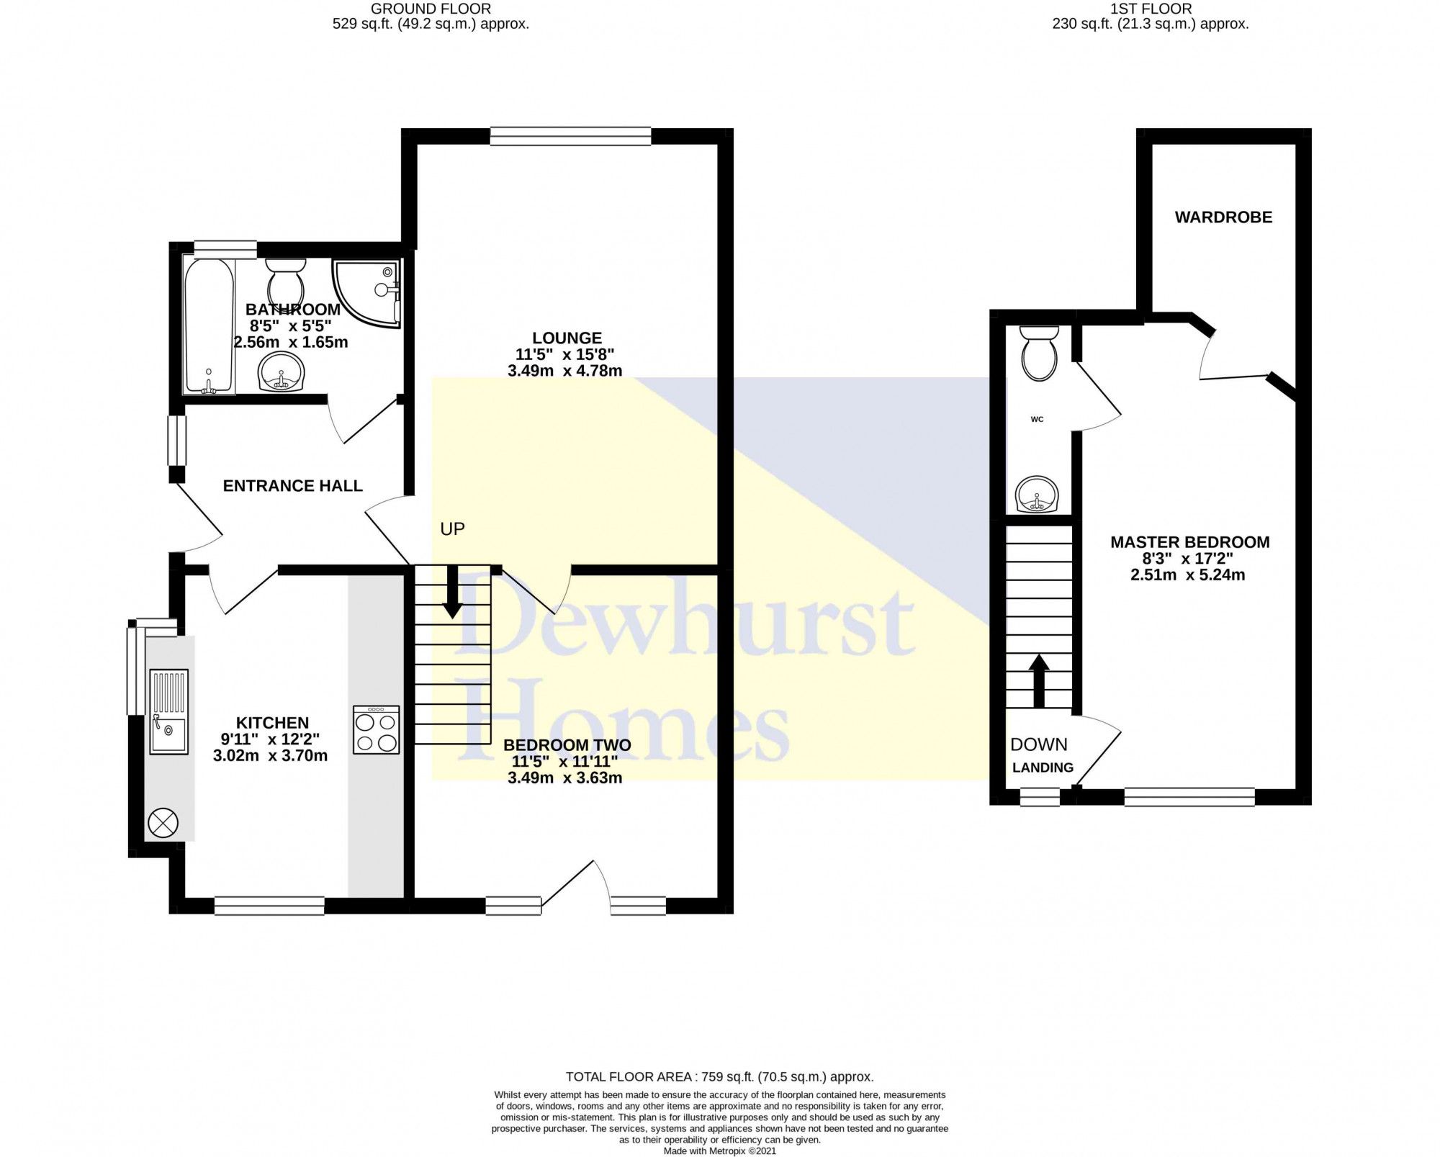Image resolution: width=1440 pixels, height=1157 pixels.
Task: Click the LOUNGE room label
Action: click(x=567, y=338)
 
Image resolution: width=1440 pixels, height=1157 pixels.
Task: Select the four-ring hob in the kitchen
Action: click(x=376, y=729)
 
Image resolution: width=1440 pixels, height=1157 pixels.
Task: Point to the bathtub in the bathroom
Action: click(x=209, y=326)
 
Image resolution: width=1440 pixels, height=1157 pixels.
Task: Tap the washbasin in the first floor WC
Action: click(x=1038, y=495)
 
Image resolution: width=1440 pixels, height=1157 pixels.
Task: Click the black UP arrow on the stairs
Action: click(x=452, y=591)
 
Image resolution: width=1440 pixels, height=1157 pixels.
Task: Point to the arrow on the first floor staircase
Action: click(x=1038, y=680)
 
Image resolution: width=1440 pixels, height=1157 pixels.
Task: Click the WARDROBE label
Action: click(x=1223, y=217)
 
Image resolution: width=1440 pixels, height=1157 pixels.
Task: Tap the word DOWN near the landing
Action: click(x=1038, y=744)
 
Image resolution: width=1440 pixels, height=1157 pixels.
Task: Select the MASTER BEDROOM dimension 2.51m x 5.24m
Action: click(x=1189, y=575)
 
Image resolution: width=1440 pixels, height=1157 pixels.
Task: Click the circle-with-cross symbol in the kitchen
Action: click(x=162, y=822)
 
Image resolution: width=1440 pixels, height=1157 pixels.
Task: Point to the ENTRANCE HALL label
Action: click(x=292, y=486)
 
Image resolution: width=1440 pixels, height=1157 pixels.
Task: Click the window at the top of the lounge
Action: click(x=570, y=136)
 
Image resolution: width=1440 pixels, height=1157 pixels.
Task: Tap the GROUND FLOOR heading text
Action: click(x=431, y=9)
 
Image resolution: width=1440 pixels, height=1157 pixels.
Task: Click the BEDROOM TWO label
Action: click(x=567, y=745)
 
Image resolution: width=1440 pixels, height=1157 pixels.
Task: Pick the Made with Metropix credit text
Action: click(x=719, y=1151)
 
